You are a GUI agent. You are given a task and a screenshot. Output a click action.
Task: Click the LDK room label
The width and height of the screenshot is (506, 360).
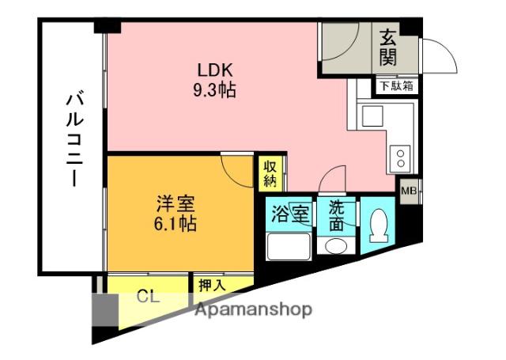click(214, 68)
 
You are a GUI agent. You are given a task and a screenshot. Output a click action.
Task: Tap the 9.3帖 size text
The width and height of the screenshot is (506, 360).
click(214, 89)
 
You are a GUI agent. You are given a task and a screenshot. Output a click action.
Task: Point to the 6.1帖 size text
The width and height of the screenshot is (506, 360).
click(176, 224)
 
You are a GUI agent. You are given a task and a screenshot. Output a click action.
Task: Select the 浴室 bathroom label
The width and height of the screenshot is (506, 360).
click(290, 214)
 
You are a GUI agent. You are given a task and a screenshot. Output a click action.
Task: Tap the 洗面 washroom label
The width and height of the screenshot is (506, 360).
click(337, 214)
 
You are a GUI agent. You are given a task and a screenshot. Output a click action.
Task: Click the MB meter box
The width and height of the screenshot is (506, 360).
click(410, 191)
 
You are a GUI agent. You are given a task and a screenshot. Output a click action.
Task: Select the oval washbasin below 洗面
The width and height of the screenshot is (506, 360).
click(337, 246)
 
